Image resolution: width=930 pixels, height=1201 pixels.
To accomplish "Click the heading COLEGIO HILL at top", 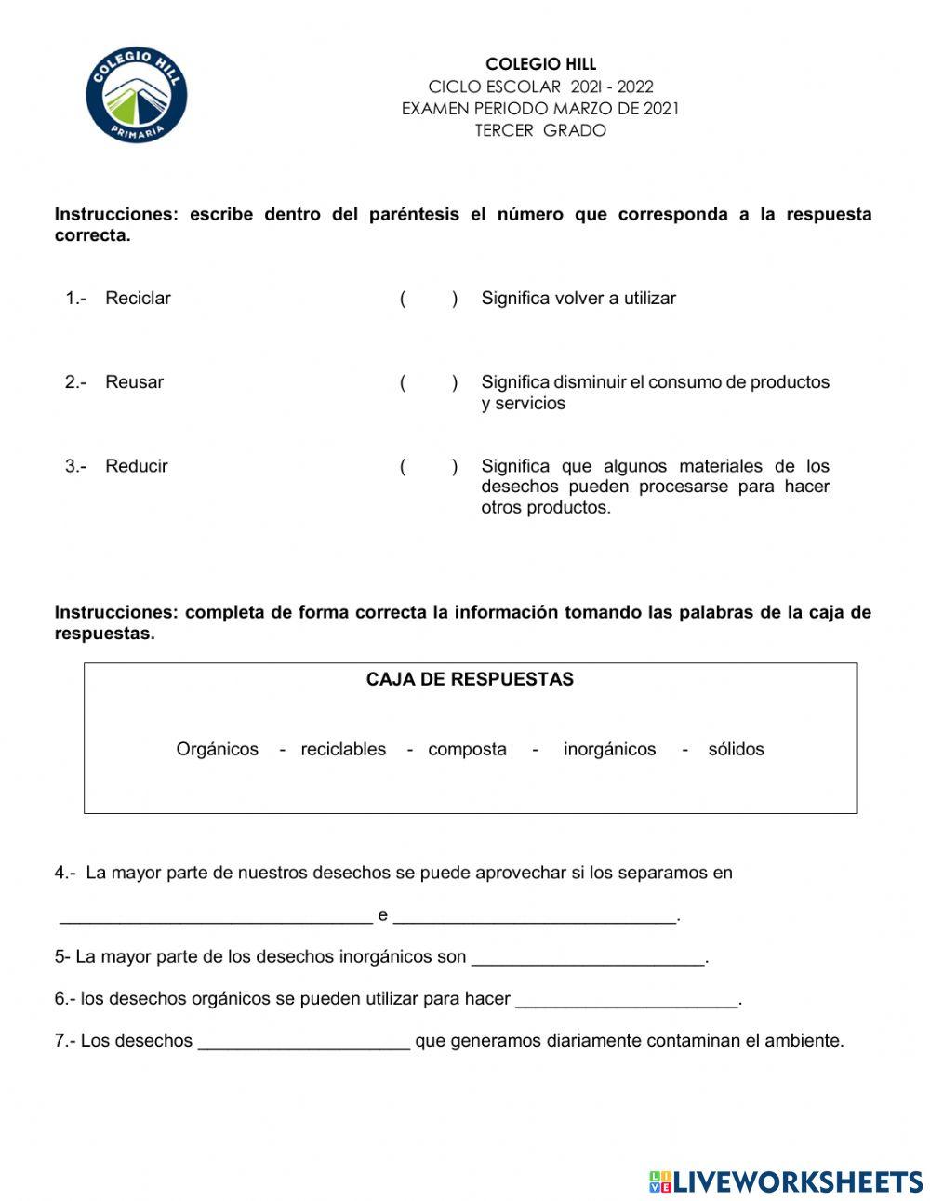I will [x=540, y=64].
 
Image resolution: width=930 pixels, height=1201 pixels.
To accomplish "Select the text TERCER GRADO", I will [x=540, y=130].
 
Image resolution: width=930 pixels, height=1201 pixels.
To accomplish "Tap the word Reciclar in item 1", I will [x=138, y=299].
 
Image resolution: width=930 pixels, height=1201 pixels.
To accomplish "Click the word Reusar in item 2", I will [x=134, y=382].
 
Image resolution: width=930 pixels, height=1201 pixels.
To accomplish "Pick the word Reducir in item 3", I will [x=136, y=466].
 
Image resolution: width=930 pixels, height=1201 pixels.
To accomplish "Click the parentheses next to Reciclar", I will [x=429, y=299].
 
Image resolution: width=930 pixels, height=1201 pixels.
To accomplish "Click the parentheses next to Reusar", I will [x=429, y=382].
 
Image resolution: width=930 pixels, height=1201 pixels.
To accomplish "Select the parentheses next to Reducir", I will [x=429, y=466].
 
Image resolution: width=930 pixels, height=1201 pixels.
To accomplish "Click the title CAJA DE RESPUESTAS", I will [x=470, y=679].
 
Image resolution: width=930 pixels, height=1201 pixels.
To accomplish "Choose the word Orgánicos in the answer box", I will [x=218, y=749].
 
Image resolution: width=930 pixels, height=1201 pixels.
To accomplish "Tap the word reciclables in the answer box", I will [x=343, y=749].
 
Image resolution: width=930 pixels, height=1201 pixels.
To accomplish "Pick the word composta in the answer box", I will [x=467, y=749].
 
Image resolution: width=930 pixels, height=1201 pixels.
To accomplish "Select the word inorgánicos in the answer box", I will [x=609, y=749].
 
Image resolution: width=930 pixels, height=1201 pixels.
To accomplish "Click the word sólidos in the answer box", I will [x=736, y=749].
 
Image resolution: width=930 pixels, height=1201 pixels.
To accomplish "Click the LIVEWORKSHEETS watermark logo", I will [x=786, y=1181].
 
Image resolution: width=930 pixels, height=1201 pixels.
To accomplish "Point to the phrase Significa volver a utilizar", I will [x=578, y=299].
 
